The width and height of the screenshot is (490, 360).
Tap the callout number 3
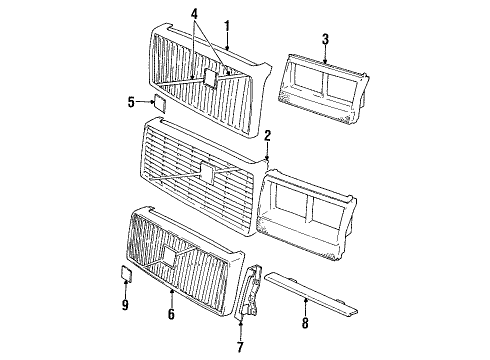pos(325,39)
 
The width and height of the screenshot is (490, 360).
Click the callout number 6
pos(171,314)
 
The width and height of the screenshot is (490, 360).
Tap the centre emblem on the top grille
pos(213,79)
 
